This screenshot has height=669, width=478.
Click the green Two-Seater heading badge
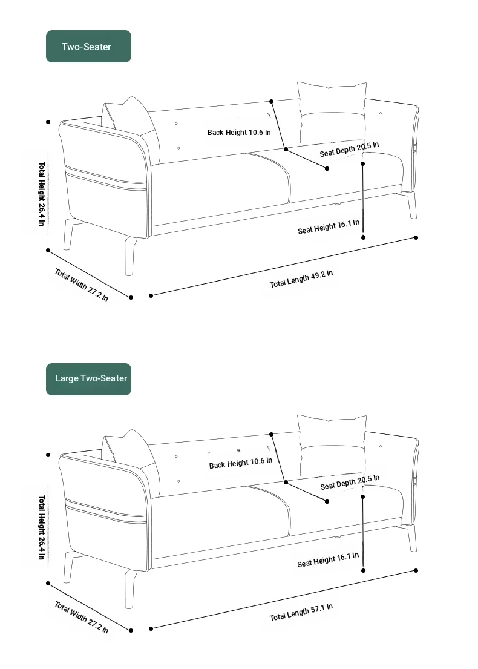88,46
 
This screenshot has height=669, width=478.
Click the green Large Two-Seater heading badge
88,379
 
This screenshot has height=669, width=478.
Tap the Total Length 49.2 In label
301,278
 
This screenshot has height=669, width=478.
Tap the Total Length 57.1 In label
301,612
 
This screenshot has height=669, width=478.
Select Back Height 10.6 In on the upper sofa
239,132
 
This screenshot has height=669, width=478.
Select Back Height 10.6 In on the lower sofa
240,463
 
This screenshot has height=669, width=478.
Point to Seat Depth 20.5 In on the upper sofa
349,150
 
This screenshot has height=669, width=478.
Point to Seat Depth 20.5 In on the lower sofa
350,482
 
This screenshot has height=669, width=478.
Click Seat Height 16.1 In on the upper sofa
329,226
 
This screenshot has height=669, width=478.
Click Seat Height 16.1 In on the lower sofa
328,560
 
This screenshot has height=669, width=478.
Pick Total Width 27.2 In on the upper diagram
81,285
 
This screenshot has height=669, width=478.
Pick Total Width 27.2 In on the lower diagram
81,617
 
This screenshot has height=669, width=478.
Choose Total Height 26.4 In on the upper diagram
42,194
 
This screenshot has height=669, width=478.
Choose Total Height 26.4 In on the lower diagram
42,527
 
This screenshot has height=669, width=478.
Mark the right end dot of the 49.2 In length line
416,238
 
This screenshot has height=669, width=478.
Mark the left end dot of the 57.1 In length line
151,628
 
